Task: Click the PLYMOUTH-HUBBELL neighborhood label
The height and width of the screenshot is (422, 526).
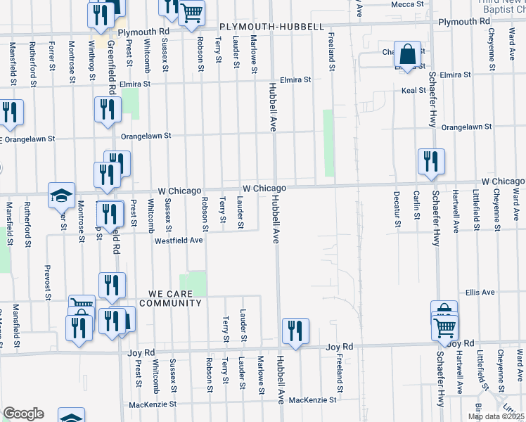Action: click(x=271, y=27)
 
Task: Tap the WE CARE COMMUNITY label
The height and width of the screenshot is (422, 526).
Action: click(x=170, y=298)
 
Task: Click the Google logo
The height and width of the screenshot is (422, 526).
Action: click(x=23, y=414)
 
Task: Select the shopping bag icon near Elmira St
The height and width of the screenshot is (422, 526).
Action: click(x=407, y=53)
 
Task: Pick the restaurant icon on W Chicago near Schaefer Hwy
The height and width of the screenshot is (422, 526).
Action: click(x=430, y=161)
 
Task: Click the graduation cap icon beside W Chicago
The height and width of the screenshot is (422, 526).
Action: click(x=61, y=196)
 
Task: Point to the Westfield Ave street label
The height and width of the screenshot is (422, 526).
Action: click(x=179, y=240)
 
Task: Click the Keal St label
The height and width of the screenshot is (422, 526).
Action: click(x=412, y=90)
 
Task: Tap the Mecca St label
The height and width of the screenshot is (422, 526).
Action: click(x=408, y=4)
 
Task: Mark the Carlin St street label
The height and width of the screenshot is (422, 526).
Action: click(x=416, y=205)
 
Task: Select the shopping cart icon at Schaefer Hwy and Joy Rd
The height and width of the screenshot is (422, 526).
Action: click(x=444, y=327)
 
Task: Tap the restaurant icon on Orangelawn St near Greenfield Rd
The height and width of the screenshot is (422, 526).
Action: click(x=107, y=110)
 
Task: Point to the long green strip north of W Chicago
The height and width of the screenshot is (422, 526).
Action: click(x=328, y=143)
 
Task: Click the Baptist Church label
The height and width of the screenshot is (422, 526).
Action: click(x=503, y=8)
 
